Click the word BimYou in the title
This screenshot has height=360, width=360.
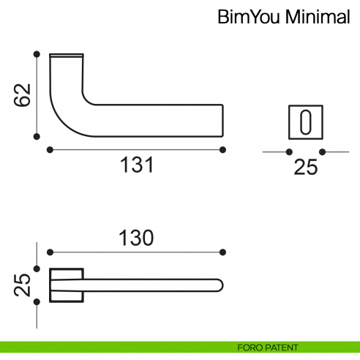coord(246,18)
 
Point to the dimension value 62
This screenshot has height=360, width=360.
coord(23,95)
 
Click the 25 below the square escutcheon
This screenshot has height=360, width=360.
coord(305,168)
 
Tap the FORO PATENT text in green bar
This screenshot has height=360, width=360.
coord(268,348)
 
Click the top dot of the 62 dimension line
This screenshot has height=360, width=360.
coord(36,53)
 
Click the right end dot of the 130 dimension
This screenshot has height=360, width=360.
coord(222,252)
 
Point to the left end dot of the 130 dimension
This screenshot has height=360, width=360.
coord(49,252)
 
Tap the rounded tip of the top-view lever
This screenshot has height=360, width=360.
coord(220,284)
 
